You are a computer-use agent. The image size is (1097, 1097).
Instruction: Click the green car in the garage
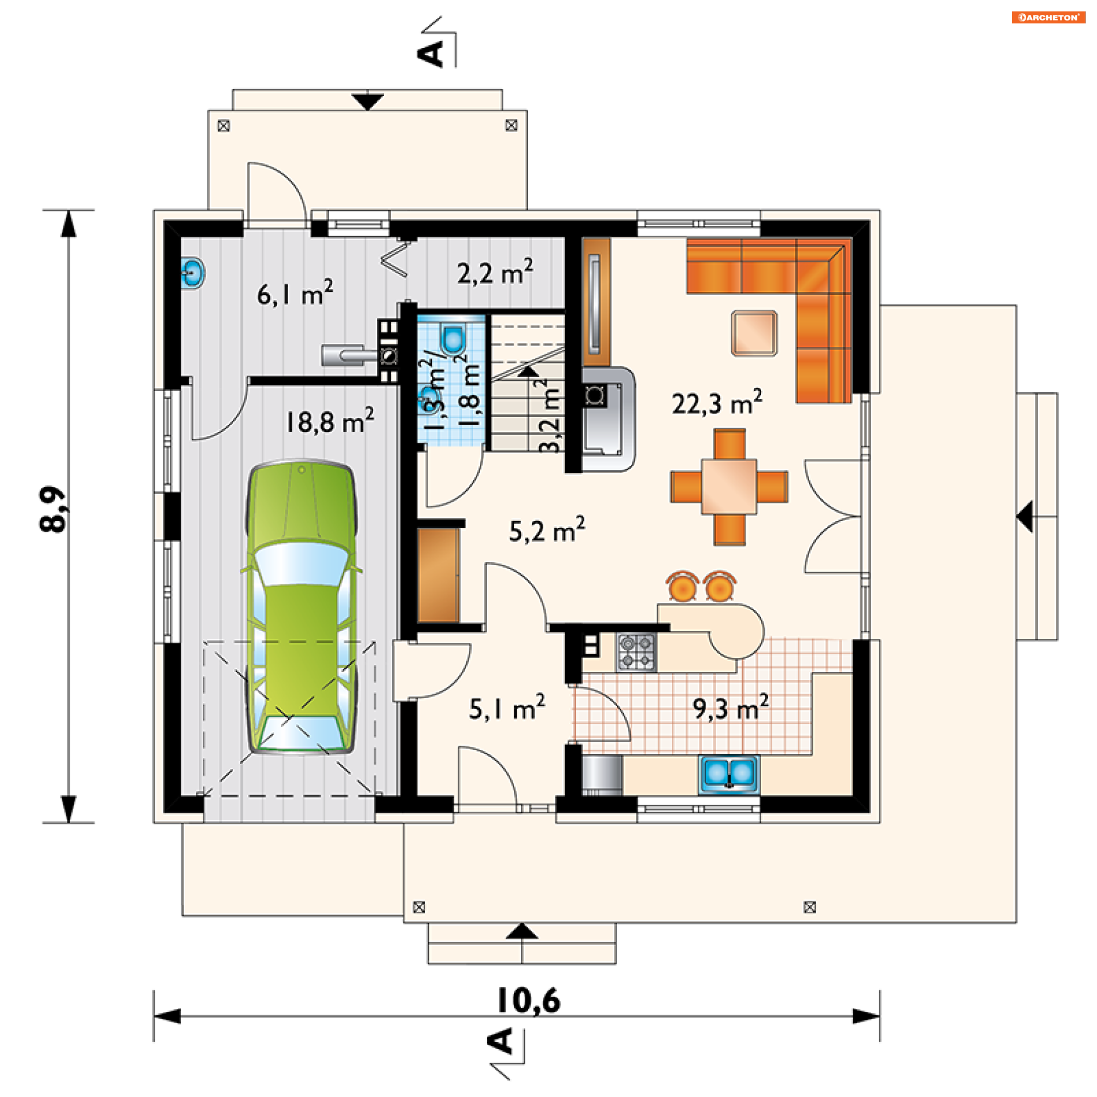302,607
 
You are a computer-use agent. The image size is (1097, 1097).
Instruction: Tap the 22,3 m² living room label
716,403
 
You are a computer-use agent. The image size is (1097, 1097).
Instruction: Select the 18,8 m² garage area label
330,421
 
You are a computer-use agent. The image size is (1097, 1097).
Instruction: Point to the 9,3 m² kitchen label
731,708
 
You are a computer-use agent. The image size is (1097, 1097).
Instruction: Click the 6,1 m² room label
295,293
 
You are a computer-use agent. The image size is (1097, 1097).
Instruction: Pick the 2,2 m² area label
495,272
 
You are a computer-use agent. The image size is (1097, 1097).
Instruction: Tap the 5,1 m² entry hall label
507,708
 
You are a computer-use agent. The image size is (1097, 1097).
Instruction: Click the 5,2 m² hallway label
547,530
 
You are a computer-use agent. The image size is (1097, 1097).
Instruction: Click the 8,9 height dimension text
54,509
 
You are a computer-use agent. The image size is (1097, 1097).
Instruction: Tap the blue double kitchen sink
729,774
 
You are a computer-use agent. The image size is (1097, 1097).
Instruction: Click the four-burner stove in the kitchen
636,652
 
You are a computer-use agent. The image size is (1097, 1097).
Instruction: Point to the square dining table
729,486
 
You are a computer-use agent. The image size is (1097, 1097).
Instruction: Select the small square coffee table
754,333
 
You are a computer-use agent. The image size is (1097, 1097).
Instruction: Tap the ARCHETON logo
1048,17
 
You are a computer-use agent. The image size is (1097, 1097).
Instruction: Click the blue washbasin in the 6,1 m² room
193,273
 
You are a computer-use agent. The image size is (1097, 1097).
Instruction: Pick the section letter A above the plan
430,53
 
